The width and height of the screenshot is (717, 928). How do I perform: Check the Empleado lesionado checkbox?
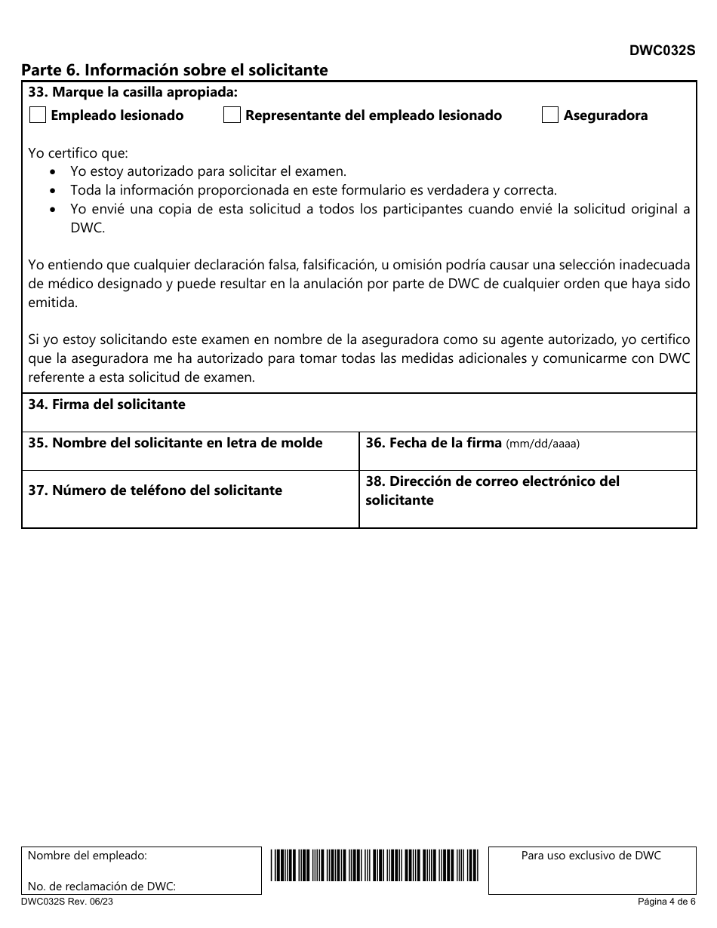coord(37,115)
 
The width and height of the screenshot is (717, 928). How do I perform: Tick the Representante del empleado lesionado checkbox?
coord(232,115)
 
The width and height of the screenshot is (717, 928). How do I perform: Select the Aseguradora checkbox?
coord(550,115)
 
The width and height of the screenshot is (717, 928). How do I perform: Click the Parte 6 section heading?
coord(174,70)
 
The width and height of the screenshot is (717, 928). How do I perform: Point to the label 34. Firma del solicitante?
coord(106,404)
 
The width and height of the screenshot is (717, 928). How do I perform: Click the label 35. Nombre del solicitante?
coord(175,443)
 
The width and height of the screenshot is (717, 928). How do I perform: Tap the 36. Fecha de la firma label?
coord(434,443)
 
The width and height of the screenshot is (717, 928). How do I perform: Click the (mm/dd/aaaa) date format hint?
coord(543,444)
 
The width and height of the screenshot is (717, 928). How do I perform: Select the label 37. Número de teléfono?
coord(155,490)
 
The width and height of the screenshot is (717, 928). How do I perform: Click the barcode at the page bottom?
coord(374,865)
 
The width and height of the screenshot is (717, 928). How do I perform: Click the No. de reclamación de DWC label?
coord(102,887)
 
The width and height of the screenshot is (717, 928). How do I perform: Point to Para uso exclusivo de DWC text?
coord(591,856)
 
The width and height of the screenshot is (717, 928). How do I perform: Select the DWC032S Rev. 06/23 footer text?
coord(67,902)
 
